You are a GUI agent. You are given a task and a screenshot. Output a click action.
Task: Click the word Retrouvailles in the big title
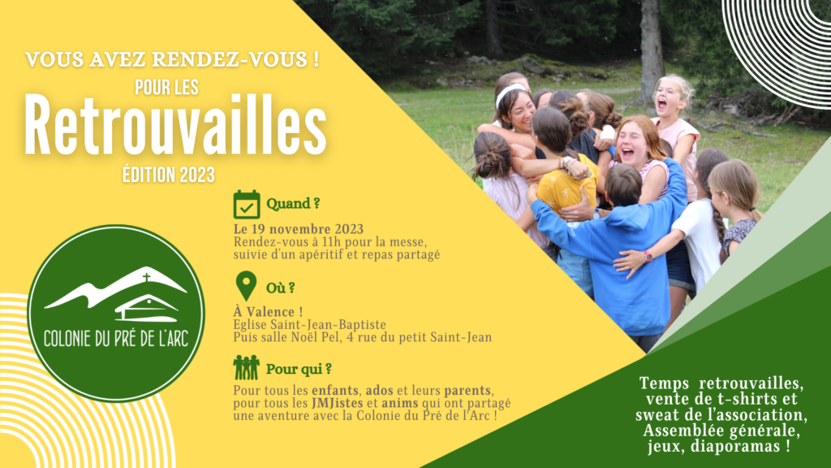point(175,126)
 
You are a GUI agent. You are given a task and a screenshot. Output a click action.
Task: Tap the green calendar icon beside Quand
point(247,204)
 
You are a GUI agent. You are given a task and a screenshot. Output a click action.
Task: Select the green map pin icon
point(246,286)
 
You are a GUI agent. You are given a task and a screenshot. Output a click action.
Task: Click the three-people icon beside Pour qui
point(246,367)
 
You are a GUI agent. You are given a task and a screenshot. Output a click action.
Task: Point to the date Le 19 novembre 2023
point(299,229)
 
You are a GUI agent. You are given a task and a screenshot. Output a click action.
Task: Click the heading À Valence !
point(268,311)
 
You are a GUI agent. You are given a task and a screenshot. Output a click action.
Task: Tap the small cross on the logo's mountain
point(146,277)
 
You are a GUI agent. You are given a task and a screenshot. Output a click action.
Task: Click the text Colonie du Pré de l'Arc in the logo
point(116,339)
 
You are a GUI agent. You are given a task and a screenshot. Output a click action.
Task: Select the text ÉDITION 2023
point(169,175)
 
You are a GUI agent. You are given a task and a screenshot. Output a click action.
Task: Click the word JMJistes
point(337,403)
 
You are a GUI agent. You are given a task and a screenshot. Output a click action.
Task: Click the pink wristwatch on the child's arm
point(648,257)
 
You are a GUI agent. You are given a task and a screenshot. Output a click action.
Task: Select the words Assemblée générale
point(721,431)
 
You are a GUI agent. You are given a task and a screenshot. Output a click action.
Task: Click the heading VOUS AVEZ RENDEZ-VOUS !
point(172,58)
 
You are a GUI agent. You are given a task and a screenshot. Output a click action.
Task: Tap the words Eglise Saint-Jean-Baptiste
point(309,324)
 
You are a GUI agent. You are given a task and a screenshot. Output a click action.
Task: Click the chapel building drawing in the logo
point(147,309)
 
